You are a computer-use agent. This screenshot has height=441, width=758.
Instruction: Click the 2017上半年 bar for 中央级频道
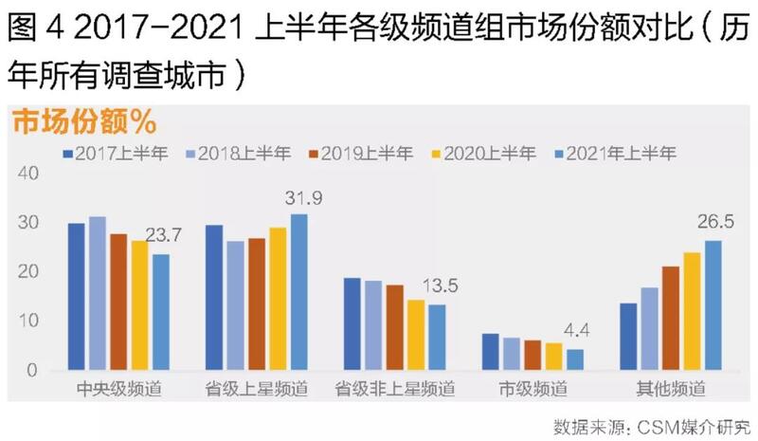pos(76,296)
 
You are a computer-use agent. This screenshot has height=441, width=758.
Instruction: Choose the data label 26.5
pos(715,224)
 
